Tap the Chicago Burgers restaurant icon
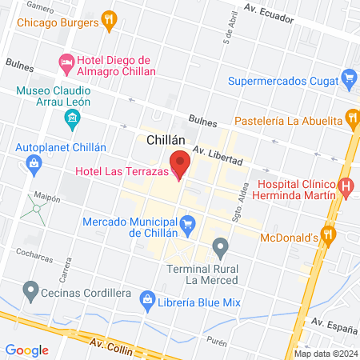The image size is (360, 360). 110,22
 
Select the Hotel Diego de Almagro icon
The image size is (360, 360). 68,62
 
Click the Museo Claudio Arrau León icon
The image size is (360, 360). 72,120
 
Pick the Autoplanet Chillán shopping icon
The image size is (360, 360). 34,164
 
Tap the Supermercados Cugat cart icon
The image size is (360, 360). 348,78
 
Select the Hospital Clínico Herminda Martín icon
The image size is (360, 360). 346,188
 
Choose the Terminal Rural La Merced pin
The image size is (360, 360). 221,246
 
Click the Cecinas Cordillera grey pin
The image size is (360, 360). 31,288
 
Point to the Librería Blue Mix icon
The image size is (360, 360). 147,299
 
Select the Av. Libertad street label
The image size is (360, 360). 218,156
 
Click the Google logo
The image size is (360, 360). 27,350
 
